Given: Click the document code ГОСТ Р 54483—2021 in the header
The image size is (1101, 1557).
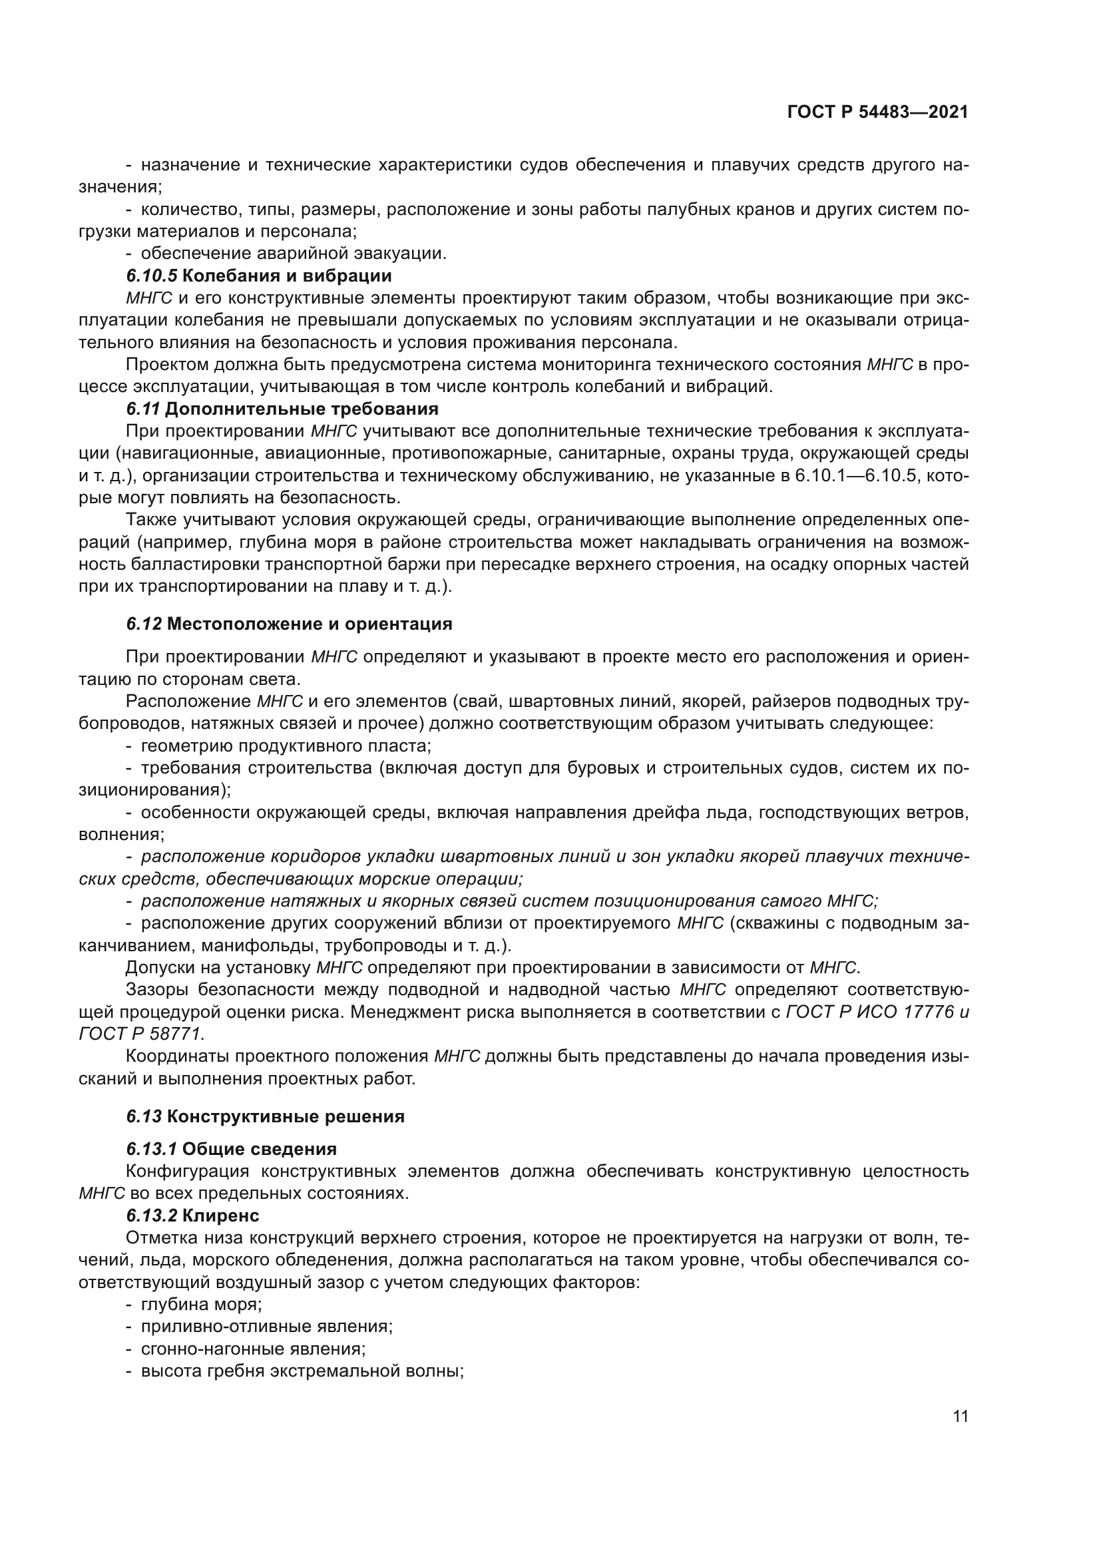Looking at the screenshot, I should click(877, 112).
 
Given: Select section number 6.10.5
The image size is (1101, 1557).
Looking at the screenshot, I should click(151, 276).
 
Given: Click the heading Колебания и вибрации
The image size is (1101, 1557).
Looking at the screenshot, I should click(287, 276).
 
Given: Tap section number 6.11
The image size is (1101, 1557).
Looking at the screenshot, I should click(143, 409).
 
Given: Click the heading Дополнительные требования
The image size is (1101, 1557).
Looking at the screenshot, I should click(302, 409).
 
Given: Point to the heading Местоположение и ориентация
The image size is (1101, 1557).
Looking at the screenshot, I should click(309, 624).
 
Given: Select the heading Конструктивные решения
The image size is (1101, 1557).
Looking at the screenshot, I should click(286, 1117).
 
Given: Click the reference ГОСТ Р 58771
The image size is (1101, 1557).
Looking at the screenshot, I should click(142, 1034).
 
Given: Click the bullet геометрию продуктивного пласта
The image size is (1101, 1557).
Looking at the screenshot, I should click(286, 746).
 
